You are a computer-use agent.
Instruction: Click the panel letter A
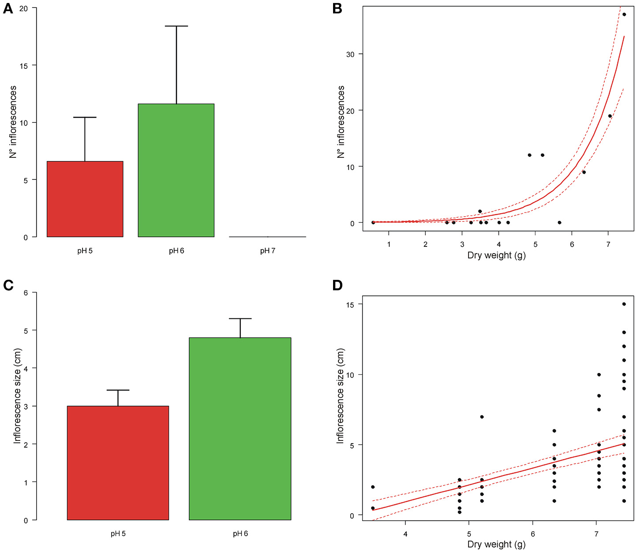(x=8, y=8)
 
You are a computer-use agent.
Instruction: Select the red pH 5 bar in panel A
(x=85, y=199)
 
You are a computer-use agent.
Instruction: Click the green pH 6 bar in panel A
(x=176, y=170)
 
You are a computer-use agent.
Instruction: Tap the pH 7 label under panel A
(x=267, y=251)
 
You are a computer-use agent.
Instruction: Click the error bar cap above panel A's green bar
(x=176, y=26)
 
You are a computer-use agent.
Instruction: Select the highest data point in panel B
(x=624, y=15)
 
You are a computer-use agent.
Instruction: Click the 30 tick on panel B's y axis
(x=350, y=54)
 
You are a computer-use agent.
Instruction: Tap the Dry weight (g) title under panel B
(x=496, y=255)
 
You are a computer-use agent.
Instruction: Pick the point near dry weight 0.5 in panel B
(x=373, y=223)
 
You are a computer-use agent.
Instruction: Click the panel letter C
(x=8, y=285)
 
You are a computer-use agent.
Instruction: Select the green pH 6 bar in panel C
(x=240, y=429)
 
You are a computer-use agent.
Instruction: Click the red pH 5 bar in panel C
(x=118, y=463)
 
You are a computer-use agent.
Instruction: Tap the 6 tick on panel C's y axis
(x=26, y=293)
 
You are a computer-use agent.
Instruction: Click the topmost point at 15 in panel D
(x=624, y=304)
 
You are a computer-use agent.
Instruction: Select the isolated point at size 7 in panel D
(x=482, y=417)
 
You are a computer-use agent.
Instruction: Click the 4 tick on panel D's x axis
(x=405, y=534)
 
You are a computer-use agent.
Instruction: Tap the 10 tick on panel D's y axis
(x=350, y=375)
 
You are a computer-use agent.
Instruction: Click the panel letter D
(x=337, y=285)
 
